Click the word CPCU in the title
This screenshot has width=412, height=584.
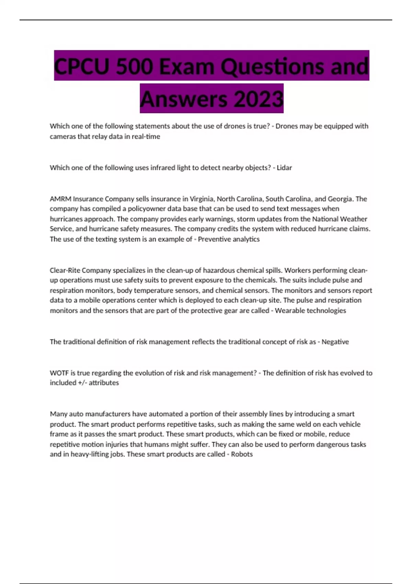pos(82,66)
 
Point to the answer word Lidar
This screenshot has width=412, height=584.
pos(284,168)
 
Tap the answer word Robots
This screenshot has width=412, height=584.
pos(242,454)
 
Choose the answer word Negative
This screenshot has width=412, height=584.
pos(335,342)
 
